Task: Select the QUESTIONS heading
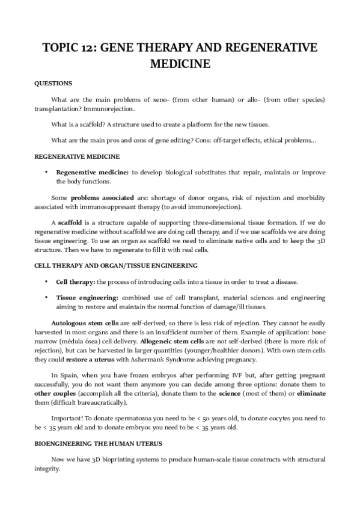(53, 83)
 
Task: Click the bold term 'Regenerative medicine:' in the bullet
(92, 172)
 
